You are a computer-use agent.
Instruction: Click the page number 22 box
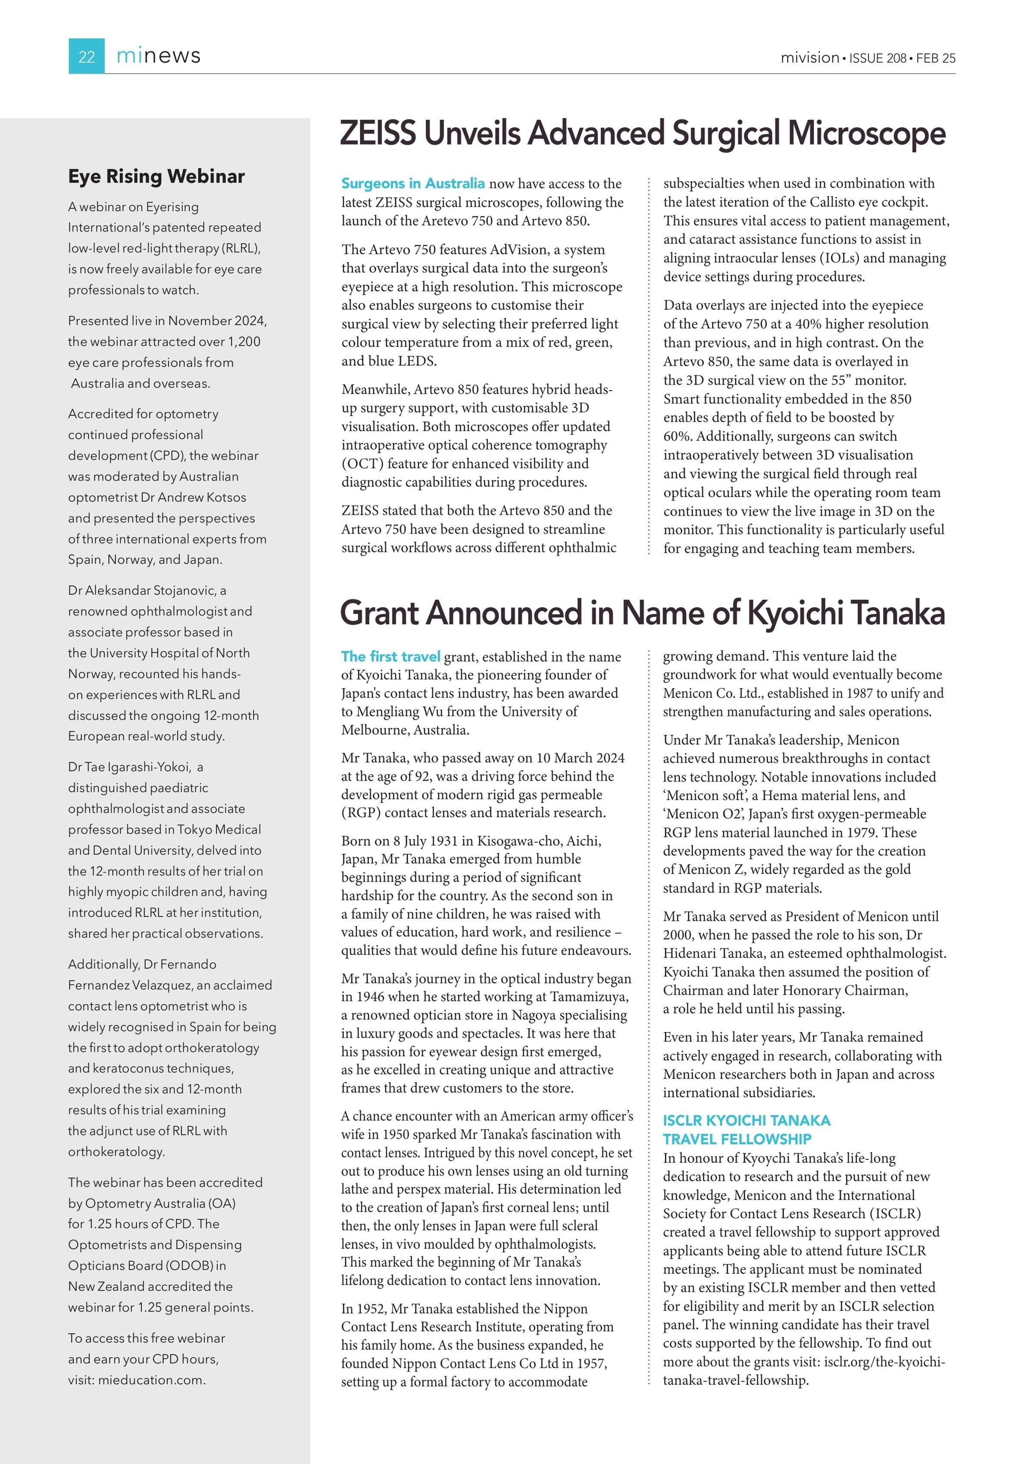click(86, 57)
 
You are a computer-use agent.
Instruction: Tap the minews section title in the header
click(158, 56)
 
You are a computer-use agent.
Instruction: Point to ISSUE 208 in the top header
click(878, 58)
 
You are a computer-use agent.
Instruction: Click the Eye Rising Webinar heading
click(156, 176)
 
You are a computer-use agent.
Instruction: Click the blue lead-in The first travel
click(390, 657)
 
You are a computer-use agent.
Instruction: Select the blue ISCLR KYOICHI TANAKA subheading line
click(746, 1121)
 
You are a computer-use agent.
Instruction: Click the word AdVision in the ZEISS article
click(519, 250)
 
